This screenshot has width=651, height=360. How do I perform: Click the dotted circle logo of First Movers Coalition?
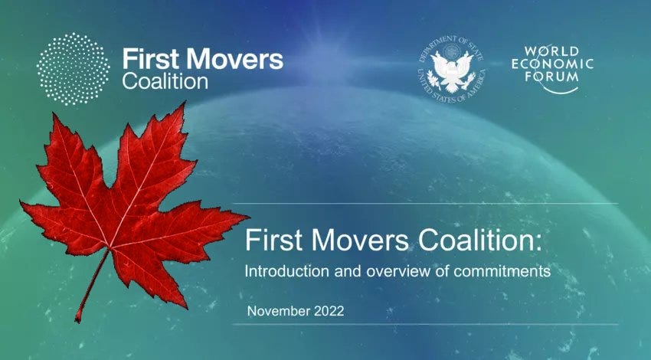[x=74, y=70]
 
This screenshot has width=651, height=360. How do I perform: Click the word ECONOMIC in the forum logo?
[x=552, y=64]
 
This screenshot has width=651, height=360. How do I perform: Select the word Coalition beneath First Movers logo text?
[x=165, y=80]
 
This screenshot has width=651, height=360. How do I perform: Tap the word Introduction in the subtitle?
[x=280, y=271]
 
